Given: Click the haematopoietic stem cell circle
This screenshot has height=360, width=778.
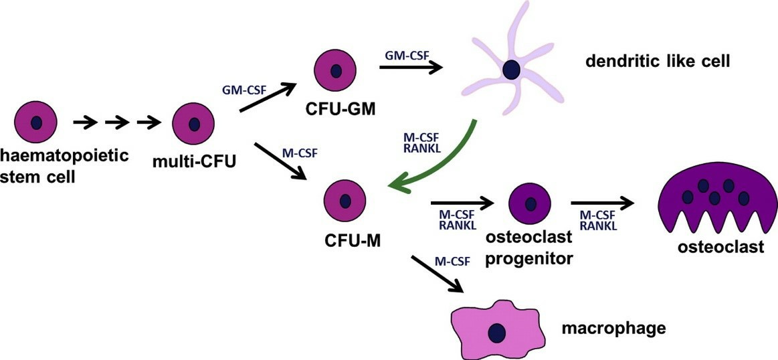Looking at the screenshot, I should tap(35, 123).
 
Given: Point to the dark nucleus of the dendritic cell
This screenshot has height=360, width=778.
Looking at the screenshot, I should tap(512, 69).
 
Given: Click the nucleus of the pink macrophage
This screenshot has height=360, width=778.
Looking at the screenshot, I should tap(496, 333).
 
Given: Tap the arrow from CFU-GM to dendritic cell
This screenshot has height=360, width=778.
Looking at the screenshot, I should tap(411, 67).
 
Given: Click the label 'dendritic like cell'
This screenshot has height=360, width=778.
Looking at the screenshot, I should tap(657, 62).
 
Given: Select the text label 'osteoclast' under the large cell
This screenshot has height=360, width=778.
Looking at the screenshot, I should tap(720, 248).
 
